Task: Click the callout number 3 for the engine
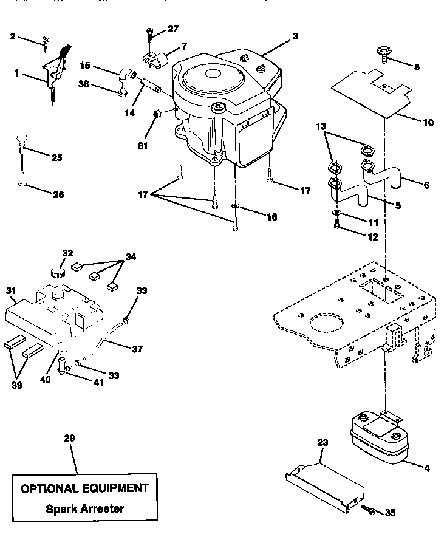pyautogui.click(x=295, y=36)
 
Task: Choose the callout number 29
pyautogui.click(x=70, y=438)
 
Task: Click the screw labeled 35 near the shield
pyautogui.click(x=366, y=509)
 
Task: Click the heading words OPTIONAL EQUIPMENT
pyautogui.click(x=84, y=488)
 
